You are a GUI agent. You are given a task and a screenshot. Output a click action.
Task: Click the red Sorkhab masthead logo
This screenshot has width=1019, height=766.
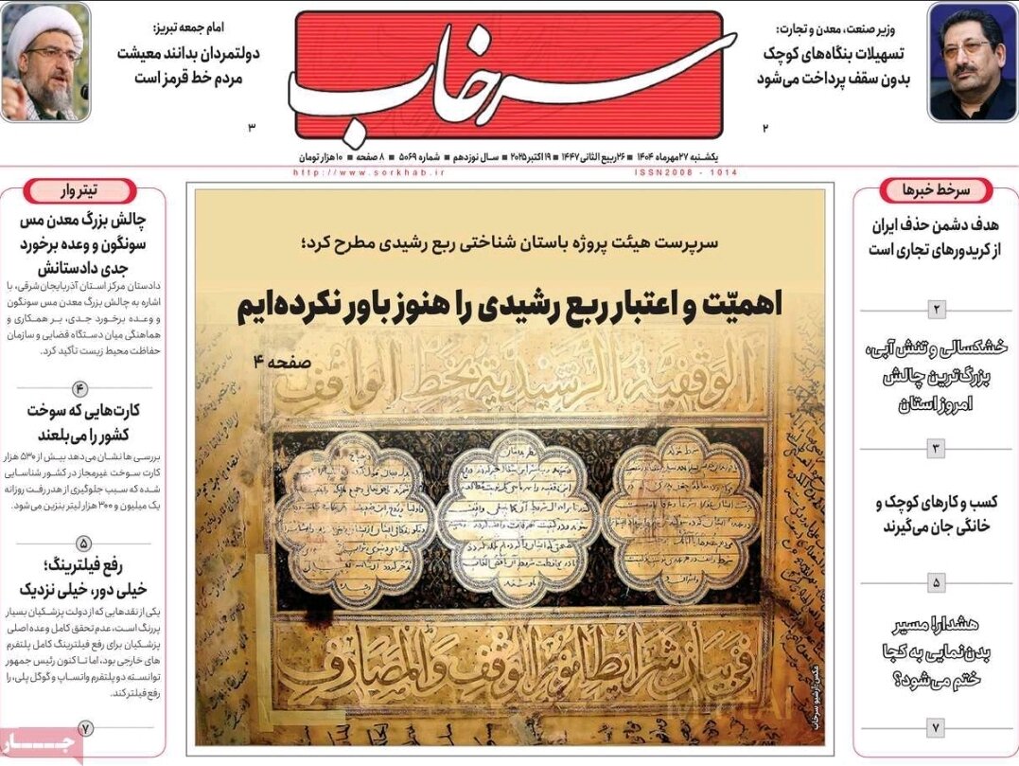tap(510, 76)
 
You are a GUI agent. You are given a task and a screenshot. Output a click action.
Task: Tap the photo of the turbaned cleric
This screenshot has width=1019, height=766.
tap(45, 62)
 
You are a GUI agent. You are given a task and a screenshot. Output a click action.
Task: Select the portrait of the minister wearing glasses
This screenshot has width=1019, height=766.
tap(972, 62)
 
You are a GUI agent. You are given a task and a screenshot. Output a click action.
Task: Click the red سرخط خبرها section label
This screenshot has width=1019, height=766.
tap(936, 190)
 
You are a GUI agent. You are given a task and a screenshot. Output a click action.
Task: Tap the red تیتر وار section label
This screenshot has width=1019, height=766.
tap(83, 190)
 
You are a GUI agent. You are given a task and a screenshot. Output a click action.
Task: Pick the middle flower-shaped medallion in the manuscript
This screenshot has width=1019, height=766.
tap(518, 517)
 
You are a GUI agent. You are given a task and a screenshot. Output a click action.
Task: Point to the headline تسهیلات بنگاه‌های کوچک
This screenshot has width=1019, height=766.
tap(833, 66)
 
